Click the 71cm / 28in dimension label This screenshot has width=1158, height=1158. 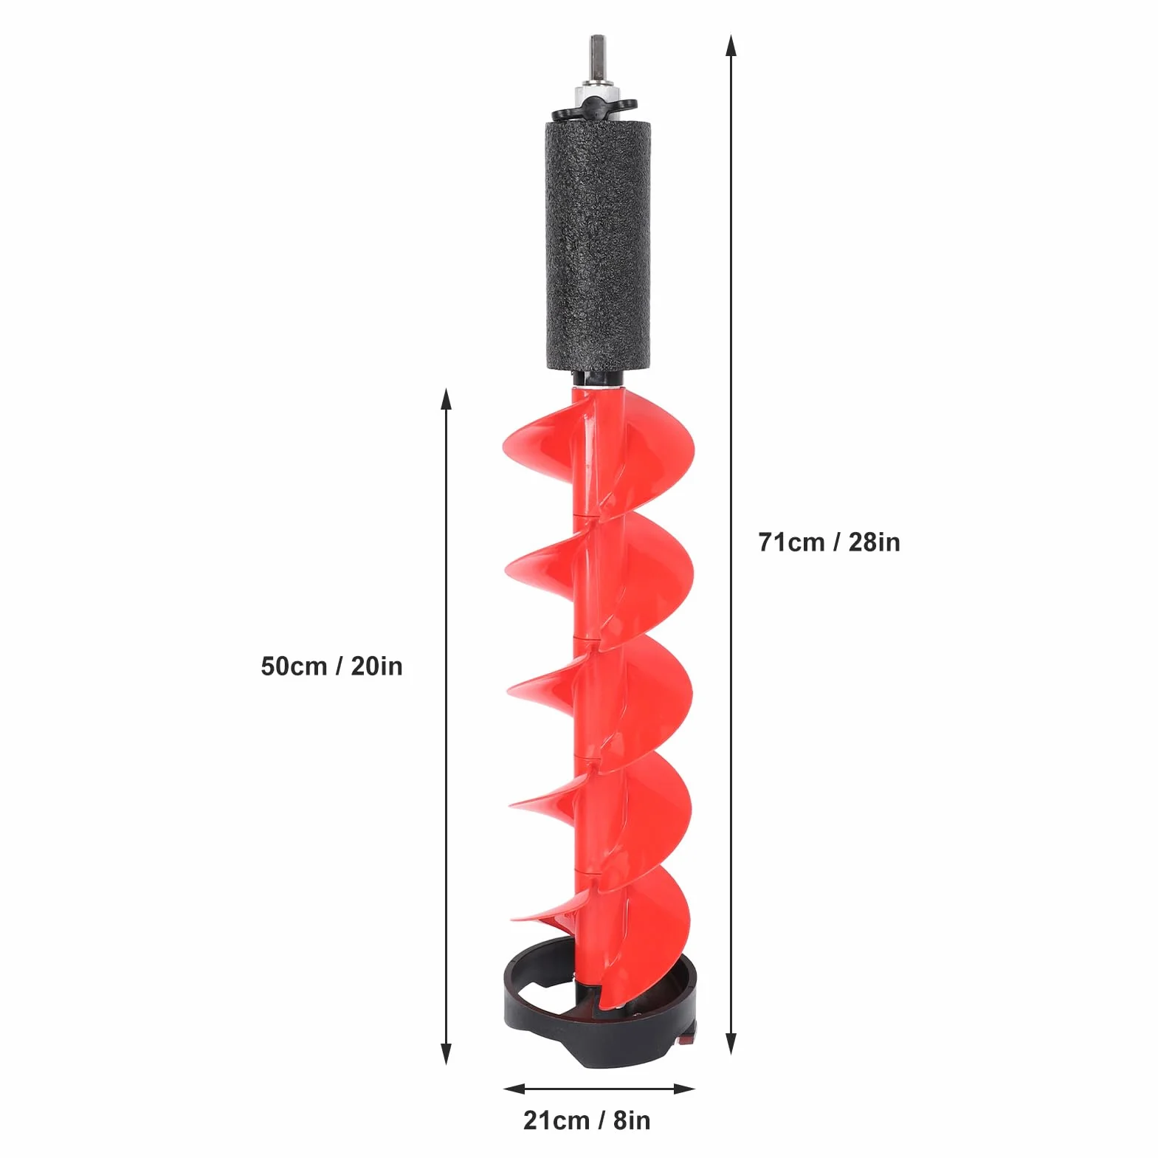[829, 542]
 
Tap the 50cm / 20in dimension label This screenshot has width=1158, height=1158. [331, 666]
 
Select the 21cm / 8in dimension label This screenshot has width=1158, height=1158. [587, 1120]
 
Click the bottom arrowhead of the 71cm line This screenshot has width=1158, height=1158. [731, 1043]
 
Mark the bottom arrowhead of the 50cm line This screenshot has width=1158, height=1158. [445, 1053]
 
